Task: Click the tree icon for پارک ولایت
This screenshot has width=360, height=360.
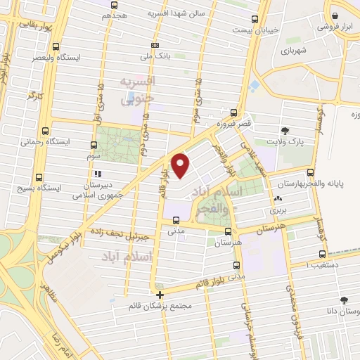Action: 284,130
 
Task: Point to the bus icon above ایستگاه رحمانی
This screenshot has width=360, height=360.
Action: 46,131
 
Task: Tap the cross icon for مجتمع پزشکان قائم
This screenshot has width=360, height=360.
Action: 160,295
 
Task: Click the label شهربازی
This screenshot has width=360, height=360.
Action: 292,51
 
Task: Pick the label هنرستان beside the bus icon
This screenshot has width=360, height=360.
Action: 225,243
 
